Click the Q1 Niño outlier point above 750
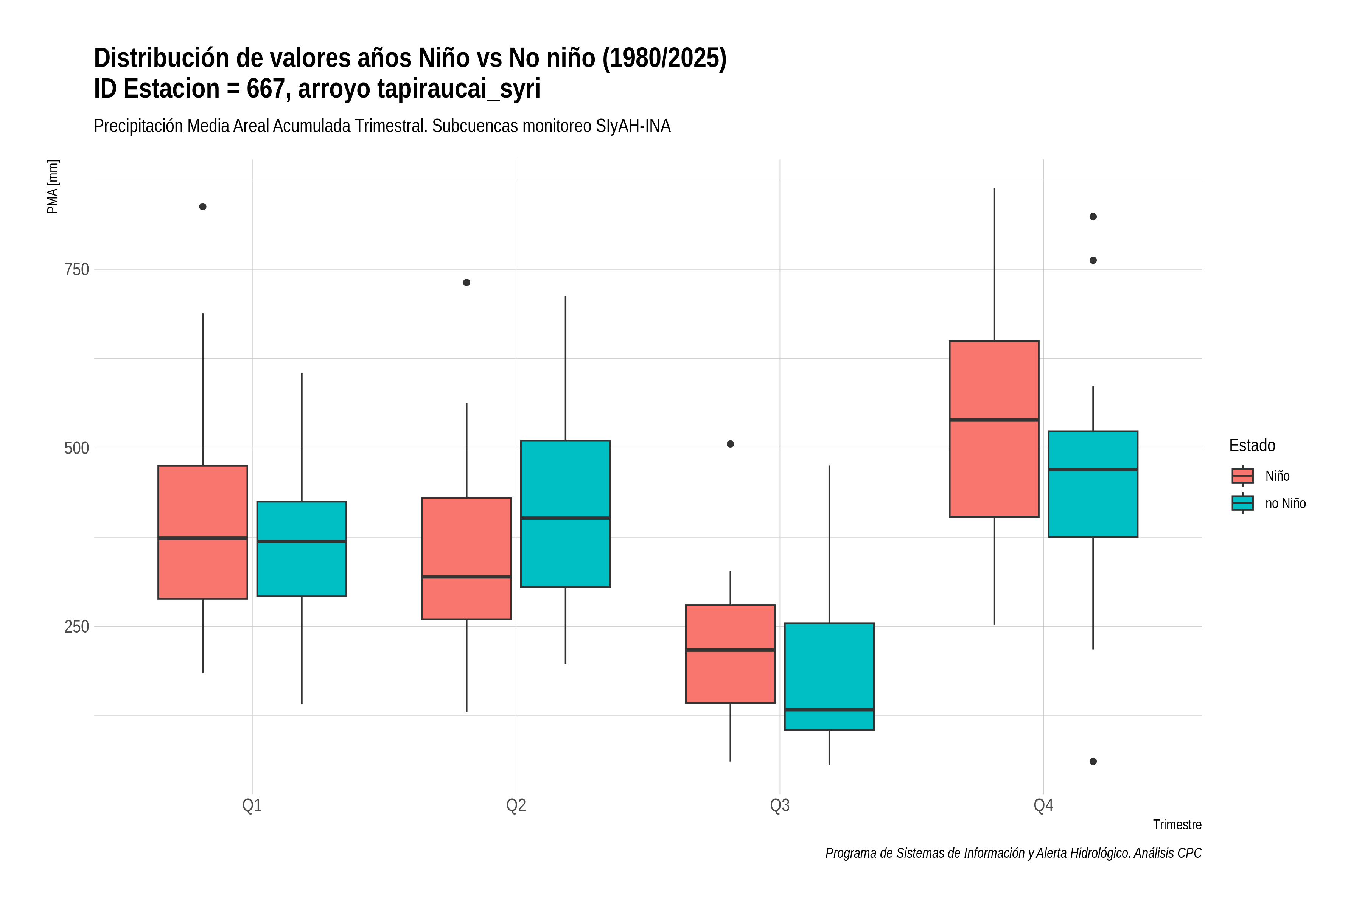pyautogui.click(x=203, y=207)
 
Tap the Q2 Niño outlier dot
pyautogui.click(x=467, y=283)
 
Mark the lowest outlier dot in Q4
pyautogui.click(x=1093, y=762)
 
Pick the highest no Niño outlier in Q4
pyautogui.click(x=1093, y=216)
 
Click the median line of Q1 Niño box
pyautogui.click(x=203, y=538)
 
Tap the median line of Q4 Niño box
pyautogui.click(x=994, y=420)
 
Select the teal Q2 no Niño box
pyautogui.click(x=565, y=514)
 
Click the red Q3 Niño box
pyautogui.click(x=730, y=654)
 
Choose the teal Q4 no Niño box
pyautogui.click(x=1093, y=484)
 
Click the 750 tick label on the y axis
pyautogui.click(x=76, y=269)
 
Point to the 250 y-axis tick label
pyautogui.click(x=76, y=627)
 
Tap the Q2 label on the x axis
pyautogui.click(x=516, y=805)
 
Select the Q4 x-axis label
pyautogui.click(x=1043, y=805)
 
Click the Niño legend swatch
pyautogui.click(x=1243, y=476)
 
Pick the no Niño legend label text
pyautogui.click(x=1286, y=503)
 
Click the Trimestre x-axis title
pyautogui.click(x=1177, y=825)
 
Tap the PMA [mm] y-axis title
pyautogui.click(x=53, y=187)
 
